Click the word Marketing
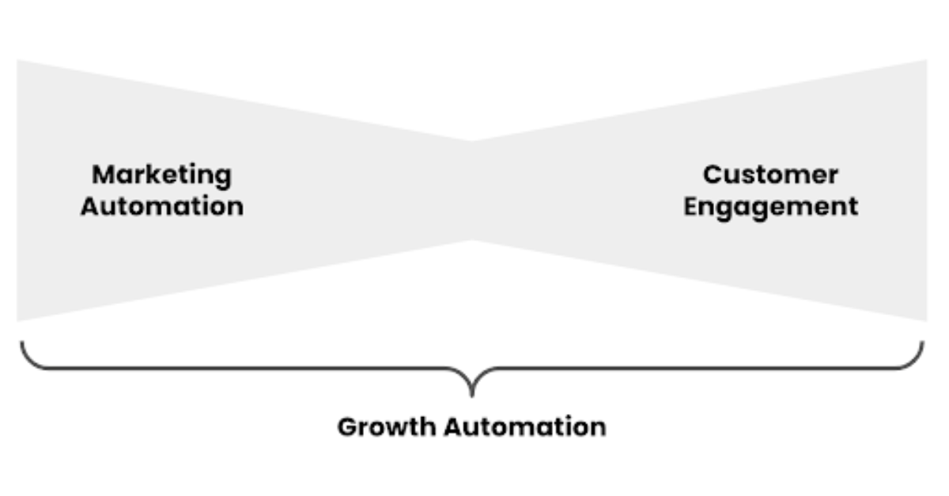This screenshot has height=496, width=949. point(162,175)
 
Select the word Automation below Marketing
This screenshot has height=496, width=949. point(162,207)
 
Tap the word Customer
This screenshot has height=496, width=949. point(770,175)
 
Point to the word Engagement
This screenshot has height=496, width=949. point(770,207)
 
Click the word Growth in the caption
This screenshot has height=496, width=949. point(387,427)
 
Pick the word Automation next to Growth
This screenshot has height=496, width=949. point(524,427)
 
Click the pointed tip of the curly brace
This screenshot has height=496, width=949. point(472,393)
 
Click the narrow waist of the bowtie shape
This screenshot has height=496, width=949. point(472,190)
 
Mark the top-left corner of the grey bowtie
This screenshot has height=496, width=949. point(18,61)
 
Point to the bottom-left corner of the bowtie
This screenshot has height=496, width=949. point(18,320)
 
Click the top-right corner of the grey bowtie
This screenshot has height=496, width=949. point(925,61)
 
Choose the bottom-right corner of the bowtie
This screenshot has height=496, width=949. point(925,320)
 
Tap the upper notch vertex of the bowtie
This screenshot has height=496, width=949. point(472,141)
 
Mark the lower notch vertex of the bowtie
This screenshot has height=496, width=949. point(472,239)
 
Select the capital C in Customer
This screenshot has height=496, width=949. point(713,175)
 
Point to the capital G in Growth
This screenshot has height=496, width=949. point(347,427)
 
